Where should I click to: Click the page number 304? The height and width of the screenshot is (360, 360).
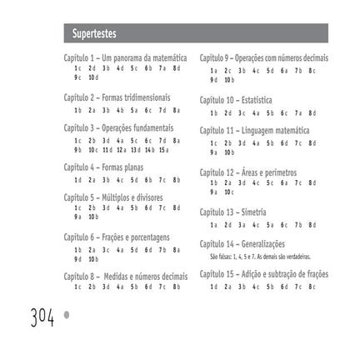(42, 317)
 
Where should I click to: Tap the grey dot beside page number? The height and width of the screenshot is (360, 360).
(67, 315)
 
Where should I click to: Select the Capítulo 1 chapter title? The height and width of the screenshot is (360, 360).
(125, 57)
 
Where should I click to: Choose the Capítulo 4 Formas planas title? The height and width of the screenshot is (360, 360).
(103, 167)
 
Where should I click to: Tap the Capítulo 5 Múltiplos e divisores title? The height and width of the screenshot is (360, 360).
(114, 197)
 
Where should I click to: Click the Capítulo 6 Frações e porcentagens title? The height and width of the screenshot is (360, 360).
(117, 237)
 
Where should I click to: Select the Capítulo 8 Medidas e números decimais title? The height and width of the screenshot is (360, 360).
(125, 276)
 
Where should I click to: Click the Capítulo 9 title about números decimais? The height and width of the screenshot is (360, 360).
(263, 57)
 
